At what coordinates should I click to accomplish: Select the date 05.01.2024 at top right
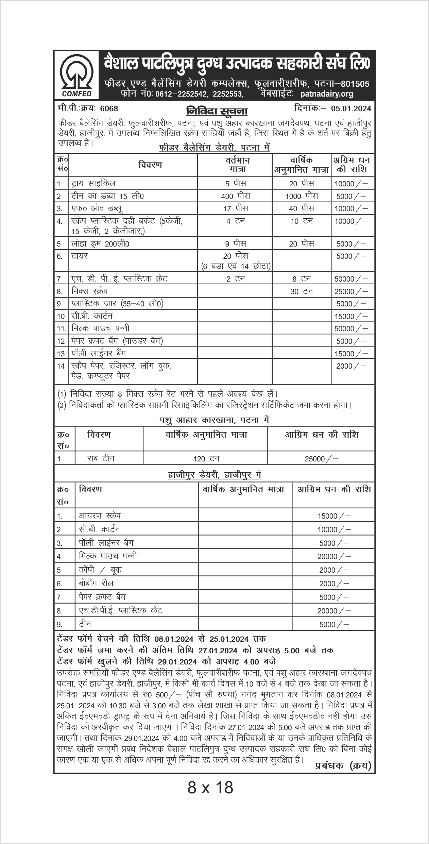(x=351, y=109)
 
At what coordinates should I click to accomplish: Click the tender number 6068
(x=109, y=109)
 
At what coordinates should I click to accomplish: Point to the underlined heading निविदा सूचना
(x=217, y=112)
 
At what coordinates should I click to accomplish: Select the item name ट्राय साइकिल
(x=93, y=184)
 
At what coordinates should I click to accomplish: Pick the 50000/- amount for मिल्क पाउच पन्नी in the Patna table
(x=351, y=329)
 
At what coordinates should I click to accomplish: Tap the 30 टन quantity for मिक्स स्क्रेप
(x=302, y=291)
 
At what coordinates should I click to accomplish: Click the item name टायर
(x=80, y=256)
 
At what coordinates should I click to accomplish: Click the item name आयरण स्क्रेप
(x=100, y=516)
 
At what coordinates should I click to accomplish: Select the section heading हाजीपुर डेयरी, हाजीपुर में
(x=214, y=475)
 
